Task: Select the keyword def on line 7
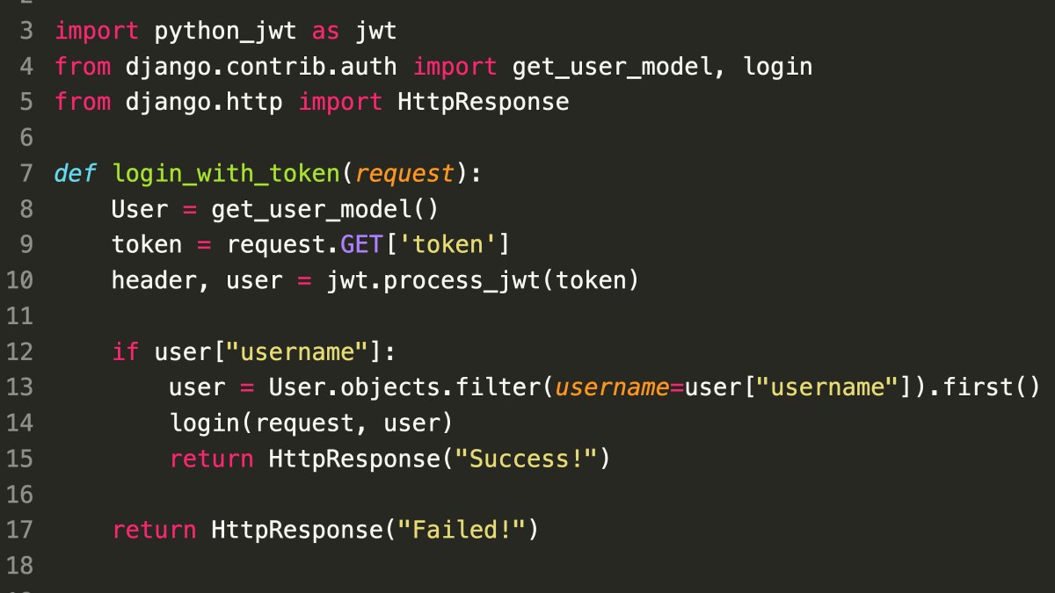pyautogui.click(x=76, y=173)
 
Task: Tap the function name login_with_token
pyautogui.click(x=226, y=173)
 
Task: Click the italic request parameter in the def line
pyautogui.click(x=404, y=173)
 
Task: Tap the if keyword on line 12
pyautogui.click(x=126, y=351)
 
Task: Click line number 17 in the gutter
pyautogui.click(x=19, y=530)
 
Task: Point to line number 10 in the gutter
pyautogui.click(x=19, y=280)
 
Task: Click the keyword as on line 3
pyautogui.click(x=326, y=32)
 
